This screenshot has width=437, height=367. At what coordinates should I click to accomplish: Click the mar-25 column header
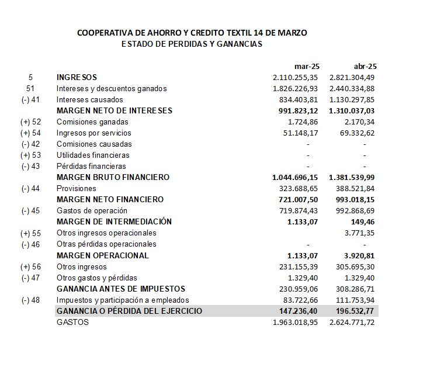point(307,66)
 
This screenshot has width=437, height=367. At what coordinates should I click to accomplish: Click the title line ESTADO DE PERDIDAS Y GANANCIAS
point(192,44)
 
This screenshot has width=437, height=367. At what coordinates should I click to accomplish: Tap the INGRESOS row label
point(77,77)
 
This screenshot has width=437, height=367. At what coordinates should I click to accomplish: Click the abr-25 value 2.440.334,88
point(352,88)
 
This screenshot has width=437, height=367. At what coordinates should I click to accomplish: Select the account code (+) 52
point(31,122)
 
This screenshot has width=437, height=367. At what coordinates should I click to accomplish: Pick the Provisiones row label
point(76,188)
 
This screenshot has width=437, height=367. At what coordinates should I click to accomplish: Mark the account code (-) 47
point(30,277)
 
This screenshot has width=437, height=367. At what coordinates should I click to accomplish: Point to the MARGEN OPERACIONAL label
point(102,255)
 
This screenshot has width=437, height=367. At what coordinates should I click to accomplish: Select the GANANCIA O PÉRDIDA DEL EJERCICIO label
point(129,311)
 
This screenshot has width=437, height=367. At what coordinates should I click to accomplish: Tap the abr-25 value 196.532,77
point(354,311)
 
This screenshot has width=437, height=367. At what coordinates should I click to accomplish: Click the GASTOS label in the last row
point(72,321)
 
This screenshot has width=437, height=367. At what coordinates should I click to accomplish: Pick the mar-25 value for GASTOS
point(296,321)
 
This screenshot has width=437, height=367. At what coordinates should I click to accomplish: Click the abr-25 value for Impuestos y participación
point(354,300)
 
